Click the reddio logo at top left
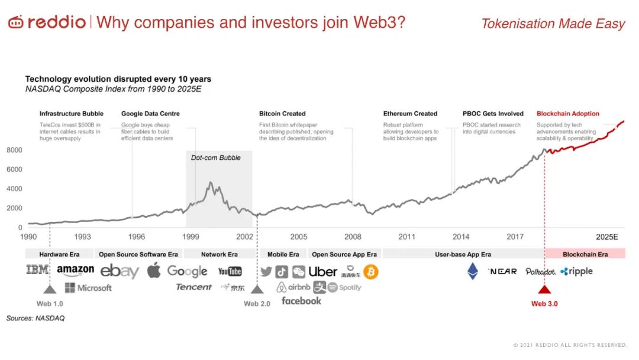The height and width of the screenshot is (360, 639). pyautogui.click(x=47, y=22)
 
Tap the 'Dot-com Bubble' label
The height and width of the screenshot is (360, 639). pyautogui.click(x=215, y=158)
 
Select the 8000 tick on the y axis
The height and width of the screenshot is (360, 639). pyautogui.click(x=14, y=150)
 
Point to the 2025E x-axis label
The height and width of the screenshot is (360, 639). pyautogui.click(x=607, y=237)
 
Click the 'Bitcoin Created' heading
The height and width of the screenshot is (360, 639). pyautogui.click(x=282, y=114)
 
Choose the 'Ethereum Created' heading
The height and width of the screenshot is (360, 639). pyautogui.click(x=410, y=114)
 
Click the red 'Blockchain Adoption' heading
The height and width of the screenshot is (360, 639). pyautogui.click(x=567, y=114)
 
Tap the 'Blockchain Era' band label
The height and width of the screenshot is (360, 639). pyautogui.click(x=585, y=255)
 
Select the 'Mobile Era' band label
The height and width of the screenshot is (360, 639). pyautogui.click(x=283, y=255)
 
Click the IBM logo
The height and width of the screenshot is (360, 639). pyautogui.click(x=37, y=270)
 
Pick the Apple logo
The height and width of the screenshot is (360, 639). pyautogui.click(x=154, y=271)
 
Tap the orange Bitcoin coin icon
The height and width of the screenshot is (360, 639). pyautogui.click(x=371, y=272)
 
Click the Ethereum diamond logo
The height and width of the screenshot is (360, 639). pyautogui.click(x=473, y=271)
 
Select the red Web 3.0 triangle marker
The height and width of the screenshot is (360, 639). pyautogui.click(x=544, y=289)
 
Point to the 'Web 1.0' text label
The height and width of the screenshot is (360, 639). pyautogui.click(x=50, y=304)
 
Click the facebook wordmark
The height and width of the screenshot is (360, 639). pyautogui.click(x=301, y=301)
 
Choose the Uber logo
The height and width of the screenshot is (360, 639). pyautogui.click(x=323, y=272)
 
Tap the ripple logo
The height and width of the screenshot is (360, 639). pyautogui.click(x=576, y=271)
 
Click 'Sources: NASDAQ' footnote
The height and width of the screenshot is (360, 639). pyautogui.click(x=35, y=319)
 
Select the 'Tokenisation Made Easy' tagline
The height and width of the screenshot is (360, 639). pyautogui.click(x=553, y=24)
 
